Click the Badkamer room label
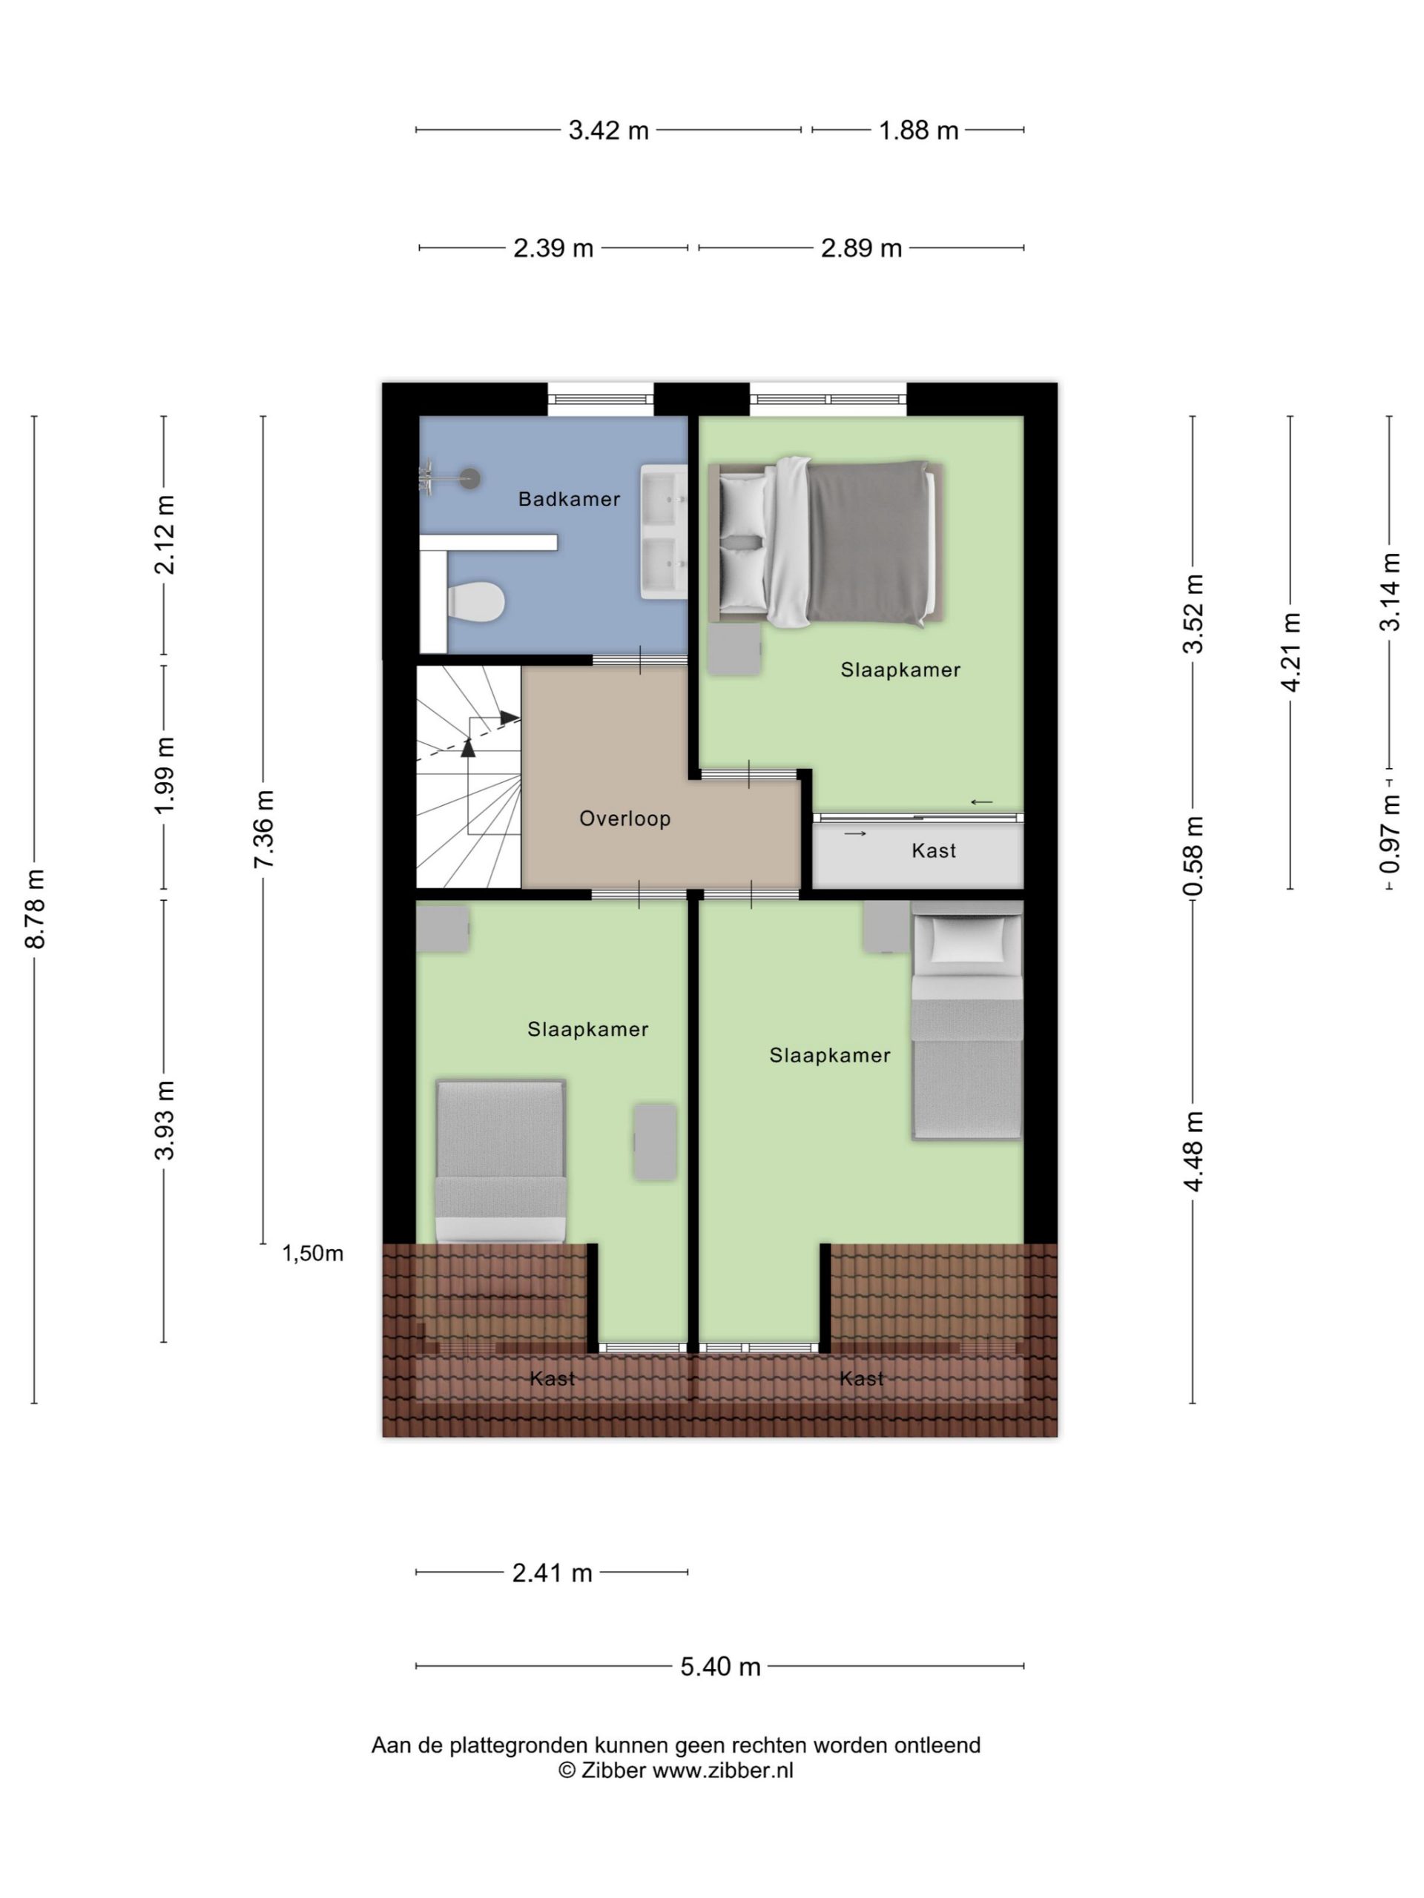pos(568,498)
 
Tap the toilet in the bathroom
pos(475,601)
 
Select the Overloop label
pos(624,819)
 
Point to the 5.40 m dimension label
pos(720,1667)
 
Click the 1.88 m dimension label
pos(917,130)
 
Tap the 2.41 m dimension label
pos(552,1573)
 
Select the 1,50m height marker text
pos(312,1254)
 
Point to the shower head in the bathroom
pos(469,479)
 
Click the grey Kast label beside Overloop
pos(933,850)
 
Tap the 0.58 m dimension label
pos(1193,856)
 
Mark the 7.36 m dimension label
pos(263,830)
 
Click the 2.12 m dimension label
pos(164,535)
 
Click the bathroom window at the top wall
pos(600,399)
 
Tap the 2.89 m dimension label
pos(861,248)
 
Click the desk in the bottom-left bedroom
pos(655,1141)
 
